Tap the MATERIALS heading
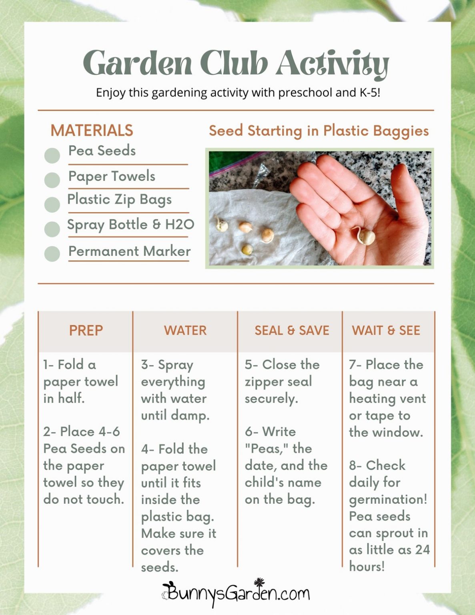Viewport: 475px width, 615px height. (x=92, y=131)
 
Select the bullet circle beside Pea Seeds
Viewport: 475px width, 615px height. (x=52, y=155)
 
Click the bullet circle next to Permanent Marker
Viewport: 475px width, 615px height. (x=52, y=254)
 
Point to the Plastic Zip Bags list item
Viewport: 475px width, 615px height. (x=119, y=199)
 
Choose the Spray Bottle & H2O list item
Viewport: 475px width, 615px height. (x=130, y=225)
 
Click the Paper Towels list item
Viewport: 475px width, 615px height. (x=112, y=176)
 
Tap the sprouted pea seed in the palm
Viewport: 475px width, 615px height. (x=365, y=237)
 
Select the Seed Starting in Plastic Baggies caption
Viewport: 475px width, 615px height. (x=319, y=131)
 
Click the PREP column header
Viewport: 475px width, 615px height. (x=86, y=331)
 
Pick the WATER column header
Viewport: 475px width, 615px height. (x=185, y=331)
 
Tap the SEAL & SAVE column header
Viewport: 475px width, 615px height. (x=292, y=331)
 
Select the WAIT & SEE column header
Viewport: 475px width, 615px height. (x=386, y=331)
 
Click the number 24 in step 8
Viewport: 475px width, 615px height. (x=422, y=550)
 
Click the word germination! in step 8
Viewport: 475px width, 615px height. (x=388, y=500)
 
